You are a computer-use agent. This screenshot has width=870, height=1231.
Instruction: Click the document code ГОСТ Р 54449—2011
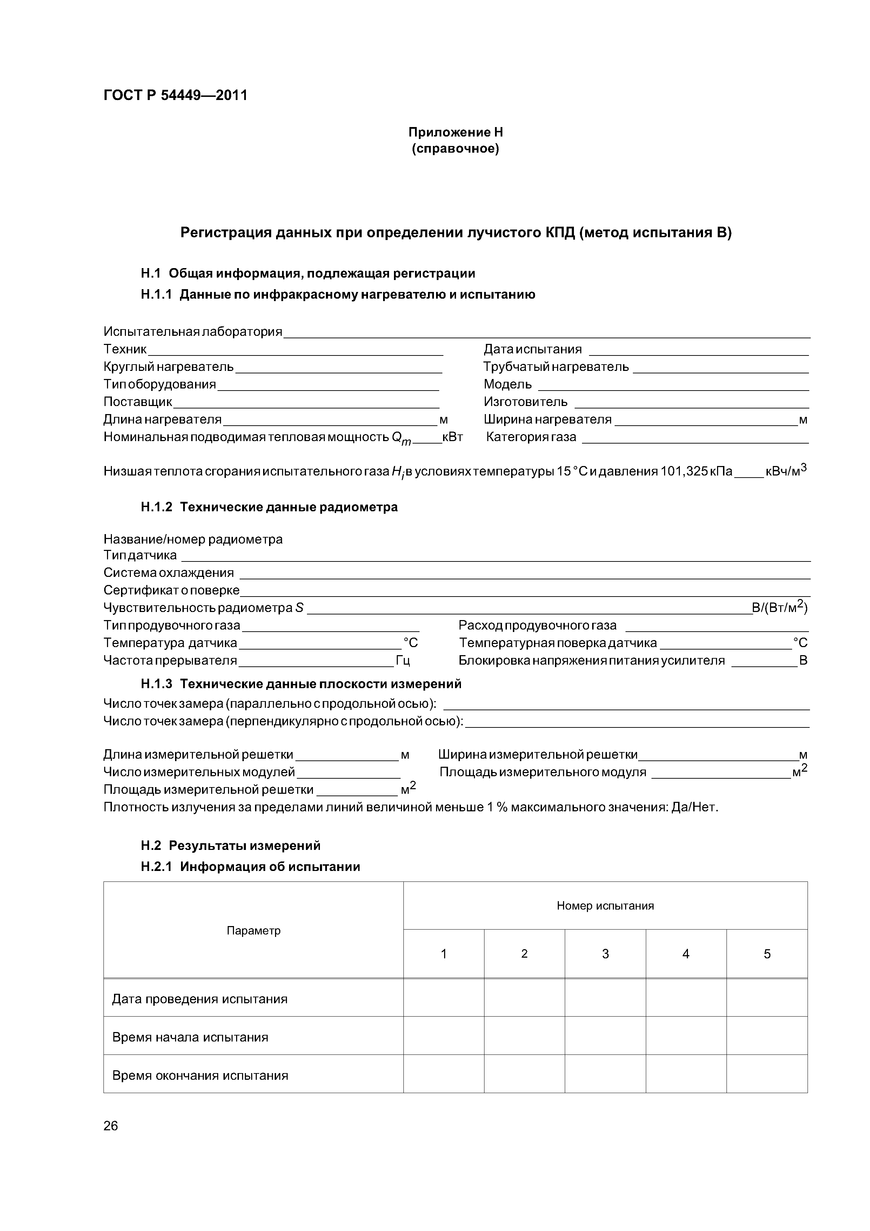[175, 95]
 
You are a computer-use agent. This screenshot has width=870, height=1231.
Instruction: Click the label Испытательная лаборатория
[193, 332]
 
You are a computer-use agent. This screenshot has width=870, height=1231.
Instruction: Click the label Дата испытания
[532, 350]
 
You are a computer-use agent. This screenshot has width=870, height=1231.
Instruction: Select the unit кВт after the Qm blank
[453, 437]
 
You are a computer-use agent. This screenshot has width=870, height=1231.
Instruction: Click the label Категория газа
[531, 437]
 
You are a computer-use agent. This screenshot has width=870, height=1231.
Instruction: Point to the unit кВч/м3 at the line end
[785, 471]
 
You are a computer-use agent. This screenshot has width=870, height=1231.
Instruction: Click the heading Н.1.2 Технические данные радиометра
[269, 507]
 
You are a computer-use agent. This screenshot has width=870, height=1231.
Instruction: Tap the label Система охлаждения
[168, 573]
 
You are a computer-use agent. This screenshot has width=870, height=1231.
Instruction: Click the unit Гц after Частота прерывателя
[403, 660]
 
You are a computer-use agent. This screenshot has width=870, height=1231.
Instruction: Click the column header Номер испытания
[605, 906]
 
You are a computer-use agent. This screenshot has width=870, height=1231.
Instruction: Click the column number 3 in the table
[605, 954]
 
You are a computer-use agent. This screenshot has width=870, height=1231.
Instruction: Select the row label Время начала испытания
[190, 1037]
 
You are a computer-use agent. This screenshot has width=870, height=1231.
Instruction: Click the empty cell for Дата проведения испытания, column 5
[767, 998]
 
